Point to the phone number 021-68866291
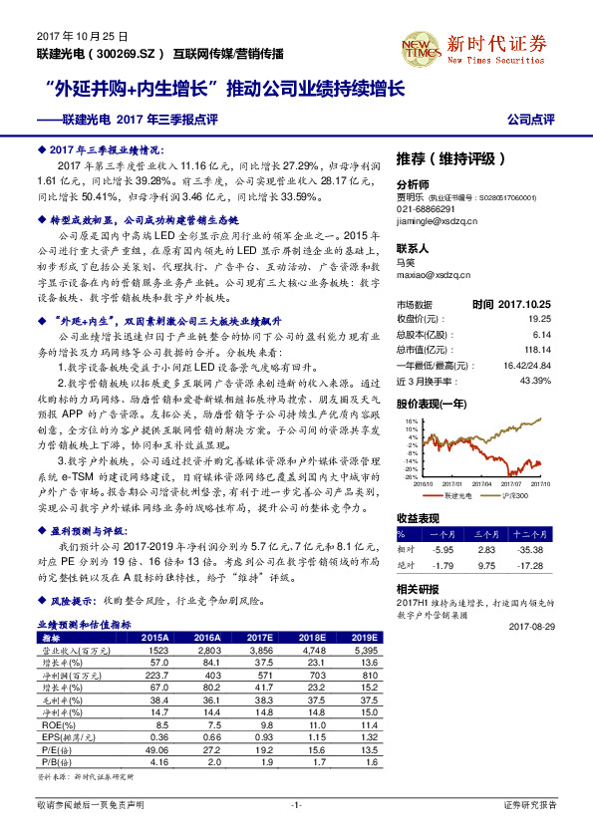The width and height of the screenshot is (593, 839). [x=426, y=210]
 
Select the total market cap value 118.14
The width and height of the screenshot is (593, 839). [x=538, y=350]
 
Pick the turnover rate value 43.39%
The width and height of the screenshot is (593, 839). [x=535, y=381]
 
